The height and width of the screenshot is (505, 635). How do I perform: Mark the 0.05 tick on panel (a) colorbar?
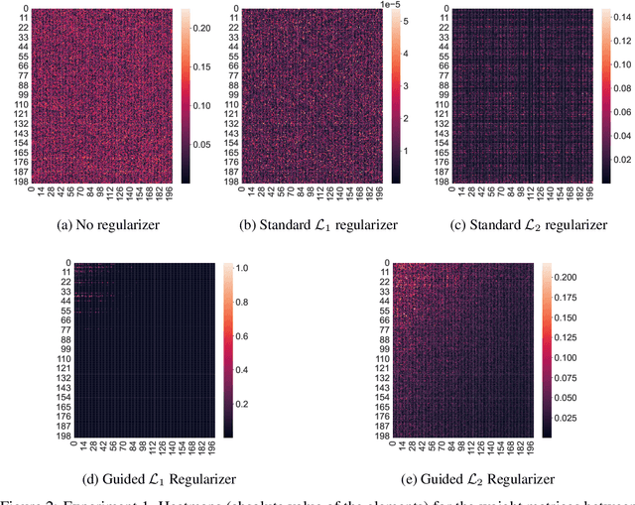point(198,143)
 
